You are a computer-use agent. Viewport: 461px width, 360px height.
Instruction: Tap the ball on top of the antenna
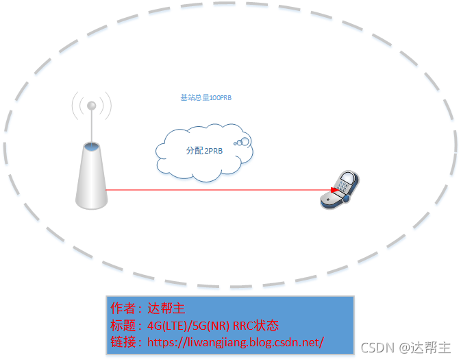[91, 106]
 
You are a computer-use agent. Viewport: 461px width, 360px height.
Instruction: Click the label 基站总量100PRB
[206, 98]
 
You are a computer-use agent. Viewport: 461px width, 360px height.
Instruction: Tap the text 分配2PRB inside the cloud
[204, 151]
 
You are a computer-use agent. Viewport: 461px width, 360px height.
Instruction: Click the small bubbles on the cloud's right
[242, 142]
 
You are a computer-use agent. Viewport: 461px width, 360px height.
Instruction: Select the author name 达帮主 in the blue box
[166, 308]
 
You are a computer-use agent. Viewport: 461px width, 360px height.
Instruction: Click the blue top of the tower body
[92, 146]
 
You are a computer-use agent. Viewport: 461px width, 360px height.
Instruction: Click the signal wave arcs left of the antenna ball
[77, 107]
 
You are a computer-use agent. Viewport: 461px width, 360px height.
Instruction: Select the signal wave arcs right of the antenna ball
[106, 107]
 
